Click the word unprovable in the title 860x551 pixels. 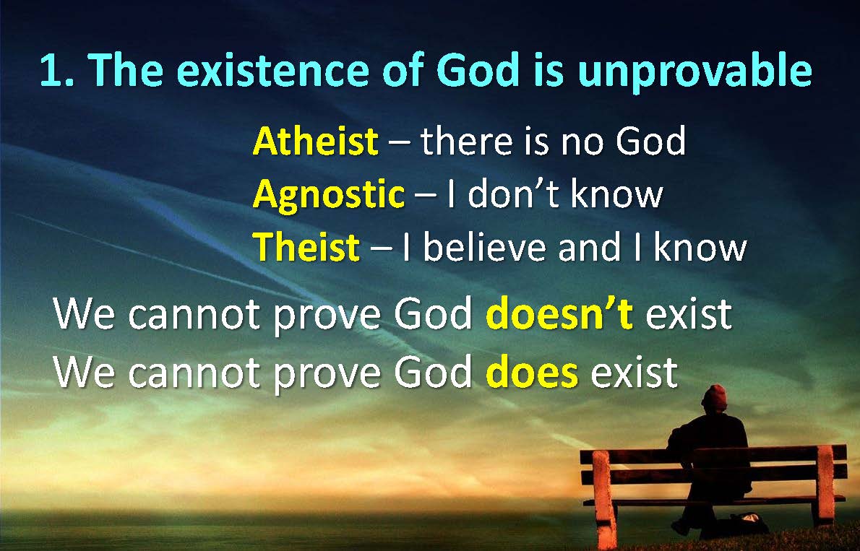(695, 71)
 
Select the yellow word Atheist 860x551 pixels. (316, 141)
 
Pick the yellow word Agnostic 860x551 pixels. (329, 196)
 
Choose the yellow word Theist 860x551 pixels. (306, 246)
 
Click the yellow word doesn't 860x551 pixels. (559, 313)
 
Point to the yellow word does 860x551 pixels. (532, 372)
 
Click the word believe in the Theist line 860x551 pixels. (484, 246)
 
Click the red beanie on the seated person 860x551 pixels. (715, 397)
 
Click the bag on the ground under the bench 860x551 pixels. (749, 524)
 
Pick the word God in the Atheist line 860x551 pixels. (650, 141)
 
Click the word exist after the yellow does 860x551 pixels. (634, 372)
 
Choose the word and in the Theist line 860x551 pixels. (588, 246)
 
